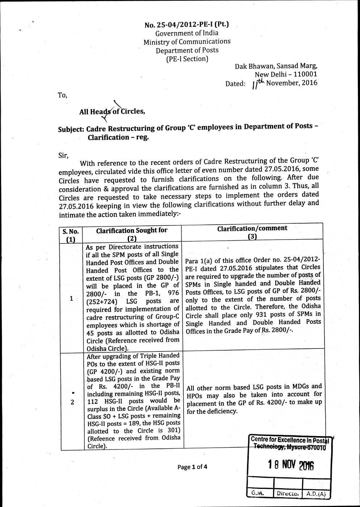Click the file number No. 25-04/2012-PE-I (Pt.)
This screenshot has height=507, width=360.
pos(187,25)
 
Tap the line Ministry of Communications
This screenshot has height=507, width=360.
pos(187,42)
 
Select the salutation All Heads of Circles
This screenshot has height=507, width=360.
pos(112,111)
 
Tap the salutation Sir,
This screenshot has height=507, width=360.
pos(63,155)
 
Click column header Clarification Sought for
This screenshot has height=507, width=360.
pos(132,231)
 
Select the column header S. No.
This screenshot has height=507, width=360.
pos(71,232)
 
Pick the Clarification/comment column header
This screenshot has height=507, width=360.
pos(252,228)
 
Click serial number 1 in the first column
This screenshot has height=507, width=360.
pos(71,298)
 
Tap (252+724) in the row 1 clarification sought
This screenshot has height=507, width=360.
pos(102,301)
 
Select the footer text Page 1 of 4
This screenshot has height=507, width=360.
pos(192,467)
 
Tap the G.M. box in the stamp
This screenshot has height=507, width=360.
pos(258,493)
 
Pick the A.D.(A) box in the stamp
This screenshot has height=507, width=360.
pos(316,493)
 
